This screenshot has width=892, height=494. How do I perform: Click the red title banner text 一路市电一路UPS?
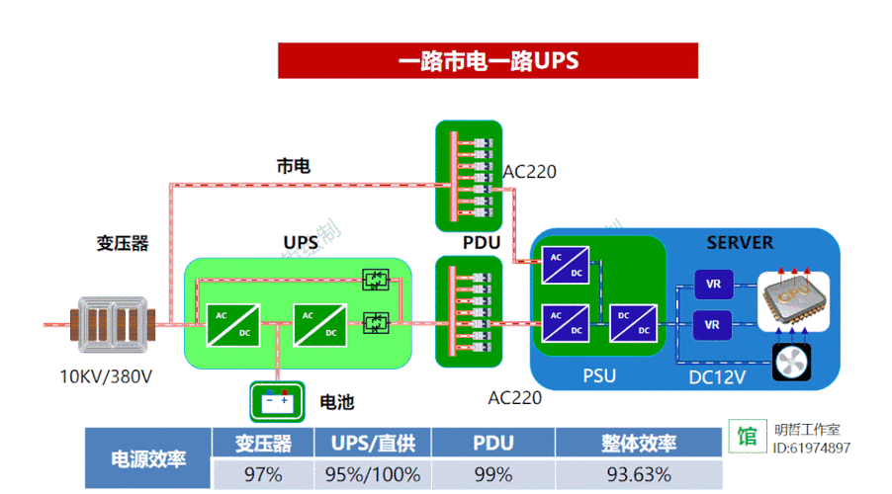488,60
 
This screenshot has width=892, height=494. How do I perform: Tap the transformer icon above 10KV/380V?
111,323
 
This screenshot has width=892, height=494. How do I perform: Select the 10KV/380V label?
106,376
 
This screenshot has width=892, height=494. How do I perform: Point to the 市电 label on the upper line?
293,166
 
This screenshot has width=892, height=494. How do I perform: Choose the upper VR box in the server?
713,284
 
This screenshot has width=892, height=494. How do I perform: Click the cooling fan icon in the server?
791,363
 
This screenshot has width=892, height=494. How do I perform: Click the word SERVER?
740,242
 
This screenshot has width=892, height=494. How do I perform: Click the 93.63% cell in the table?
639,474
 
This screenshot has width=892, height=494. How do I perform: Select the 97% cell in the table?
262,474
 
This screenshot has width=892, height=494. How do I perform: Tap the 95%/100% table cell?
373,474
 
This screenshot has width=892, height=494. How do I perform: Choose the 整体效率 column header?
639,443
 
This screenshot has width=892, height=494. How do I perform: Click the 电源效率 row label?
148,458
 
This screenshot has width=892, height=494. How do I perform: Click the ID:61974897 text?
811,449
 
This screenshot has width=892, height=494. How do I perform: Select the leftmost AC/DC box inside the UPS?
233,322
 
